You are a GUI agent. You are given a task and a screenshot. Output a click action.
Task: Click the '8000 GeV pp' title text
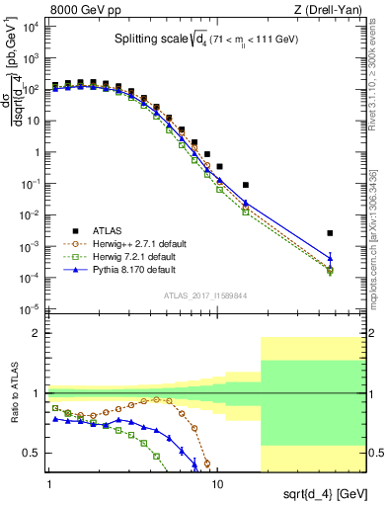87,9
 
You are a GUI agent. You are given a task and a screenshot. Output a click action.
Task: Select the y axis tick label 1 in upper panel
37,153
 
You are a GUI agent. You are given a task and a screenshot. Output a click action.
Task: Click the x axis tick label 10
217,486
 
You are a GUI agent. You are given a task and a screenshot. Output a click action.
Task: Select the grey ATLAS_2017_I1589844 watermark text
205,295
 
